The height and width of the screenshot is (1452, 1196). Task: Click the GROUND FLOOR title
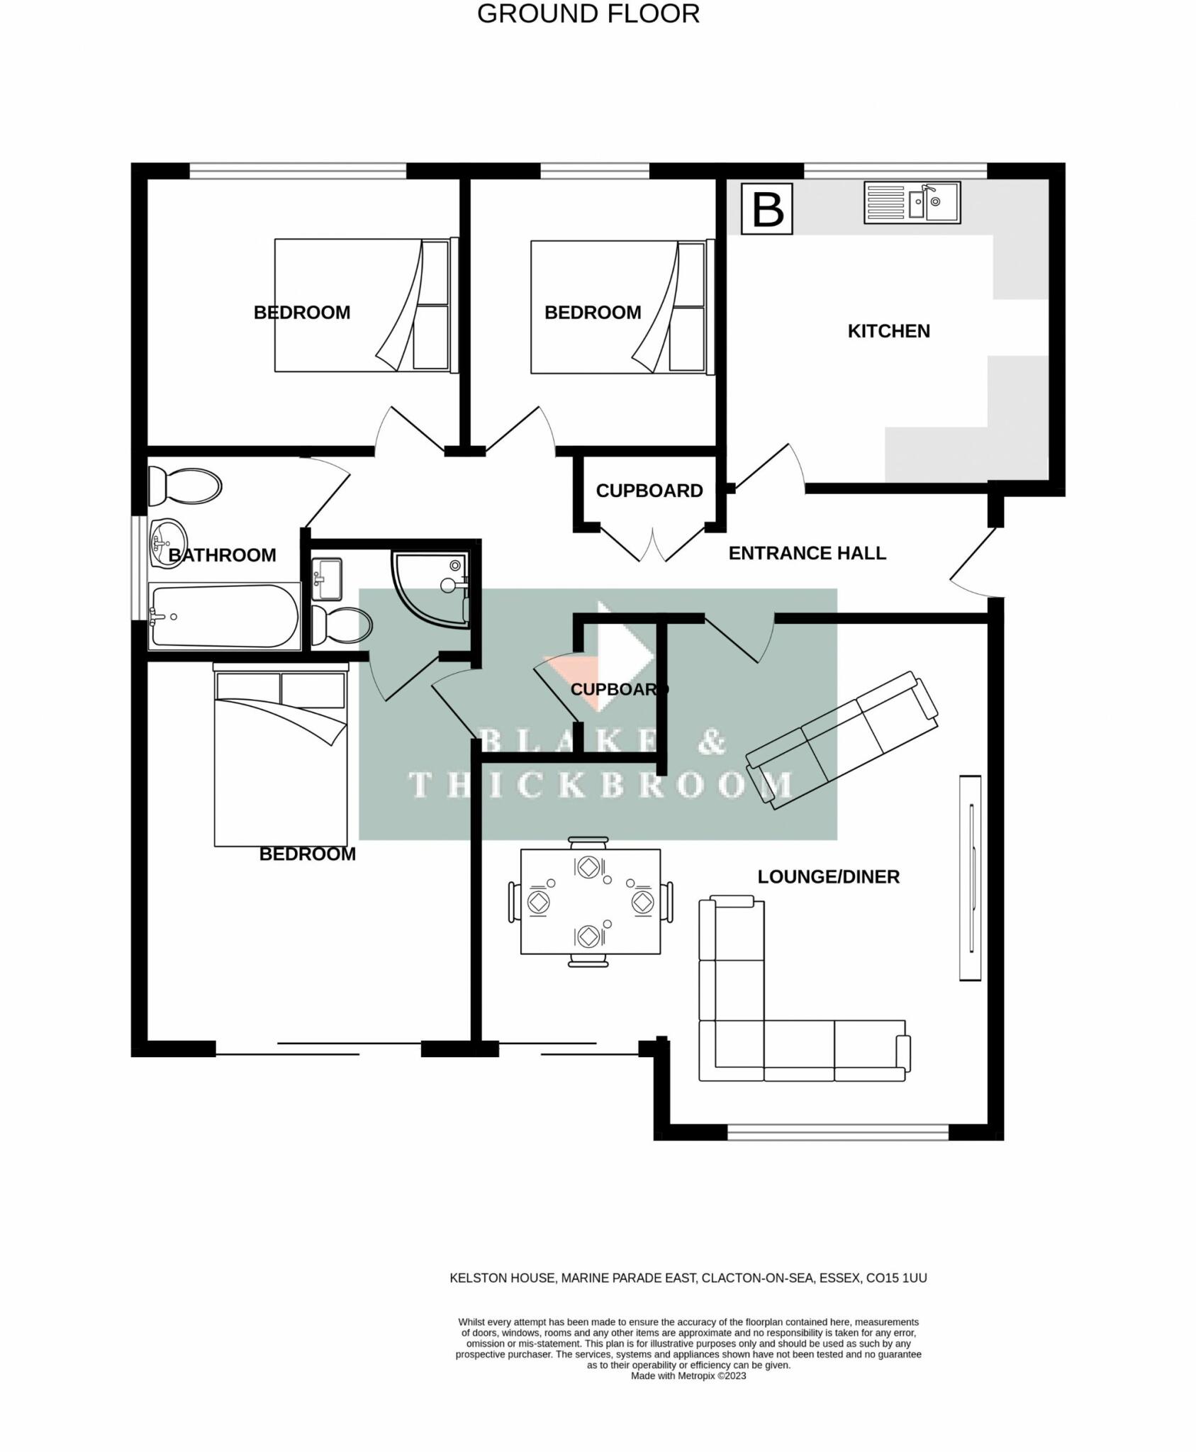[x=588, y=14]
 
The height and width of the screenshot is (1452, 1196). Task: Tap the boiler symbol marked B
[x=766, y=208]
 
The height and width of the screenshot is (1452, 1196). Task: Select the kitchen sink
[x=912, y=203]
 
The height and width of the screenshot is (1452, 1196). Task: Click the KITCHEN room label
[x=888, y=331]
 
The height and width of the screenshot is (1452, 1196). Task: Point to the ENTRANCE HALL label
[x=807, y=553]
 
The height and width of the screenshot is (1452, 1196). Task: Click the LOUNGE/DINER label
[x=828, y=877]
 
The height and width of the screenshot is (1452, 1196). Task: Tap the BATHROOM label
[x=222, y=555]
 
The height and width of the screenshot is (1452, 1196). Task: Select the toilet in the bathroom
[x=184, y=486]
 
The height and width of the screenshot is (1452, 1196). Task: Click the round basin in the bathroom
[x=167, y=544]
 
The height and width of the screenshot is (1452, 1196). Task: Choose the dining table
[x=591, y=901]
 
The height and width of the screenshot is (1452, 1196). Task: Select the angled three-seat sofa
[x=842, y=740]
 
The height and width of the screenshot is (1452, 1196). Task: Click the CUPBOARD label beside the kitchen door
[x=649, y=491]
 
